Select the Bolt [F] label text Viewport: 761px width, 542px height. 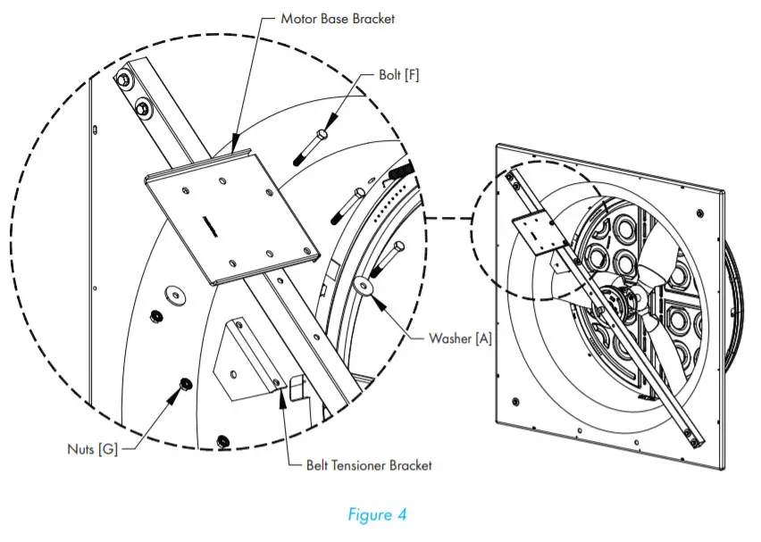coord(398,76)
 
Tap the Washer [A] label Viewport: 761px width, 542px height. coord(460,338)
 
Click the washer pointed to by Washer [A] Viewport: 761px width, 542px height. coord(364,287)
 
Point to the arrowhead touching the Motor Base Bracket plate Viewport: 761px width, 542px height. coord(235,146)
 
